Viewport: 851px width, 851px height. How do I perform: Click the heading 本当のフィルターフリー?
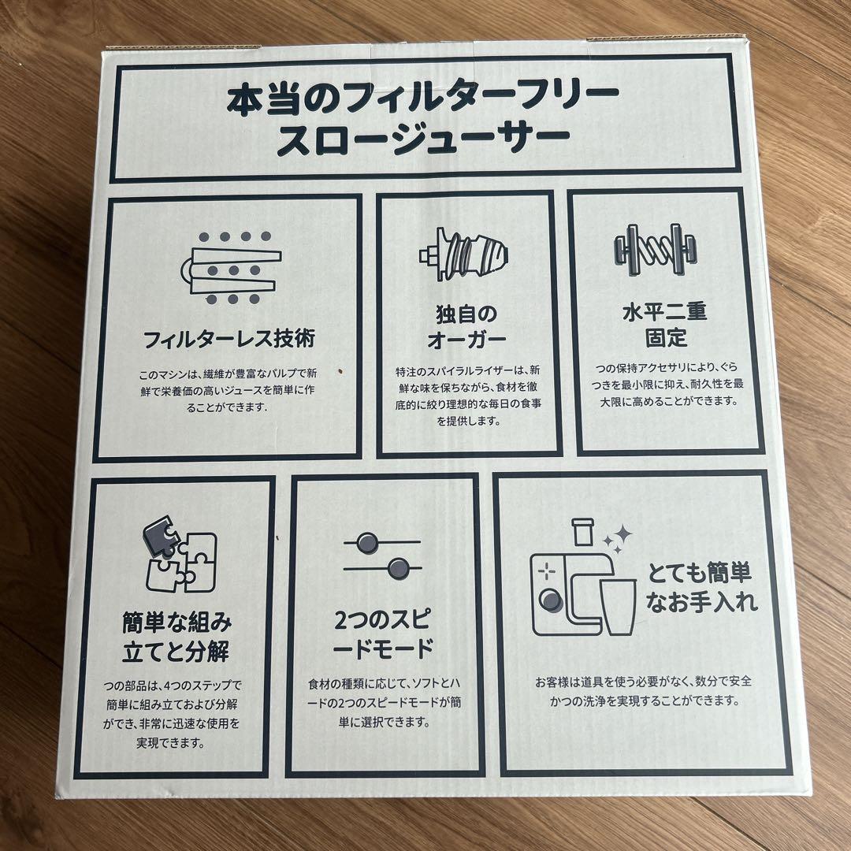[423, 99]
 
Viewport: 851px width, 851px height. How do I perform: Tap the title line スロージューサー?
[423, 141]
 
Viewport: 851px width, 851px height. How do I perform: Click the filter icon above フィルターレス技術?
[232, 268]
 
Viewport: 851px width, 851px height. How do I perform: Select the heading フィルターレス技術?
[229, 339]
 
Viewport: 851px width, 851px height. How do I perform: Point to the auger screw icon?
[463, 254]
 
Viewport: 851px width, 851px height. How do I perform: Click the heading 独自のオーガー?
[466, 327]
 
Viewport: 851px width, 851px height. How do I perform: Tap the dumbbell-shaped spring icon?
[656, 250]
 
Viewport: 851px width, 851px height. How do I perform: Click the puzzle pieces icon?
[180, 556]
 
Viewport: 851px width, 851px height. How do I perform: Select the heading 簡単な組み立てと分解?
[177, 637]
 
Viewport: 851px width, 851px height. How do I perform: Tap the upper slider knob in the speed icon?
[367, 542]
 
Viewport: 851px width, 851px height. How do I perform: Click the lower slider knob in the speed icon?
[399, 569]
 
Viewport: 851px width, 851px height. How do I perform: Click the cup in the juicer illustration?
[619, 606]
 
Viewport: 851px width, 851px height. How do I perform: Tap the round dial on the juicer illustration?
[551, 600]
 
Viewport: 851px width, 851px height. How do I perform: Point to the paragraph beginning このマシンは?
[228, 390]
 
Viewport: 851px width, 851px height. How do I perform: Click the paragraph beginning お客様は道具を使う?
[644, 690]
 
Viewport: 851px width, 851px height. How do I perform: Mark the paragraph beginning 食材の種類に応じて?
[385, 703]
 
